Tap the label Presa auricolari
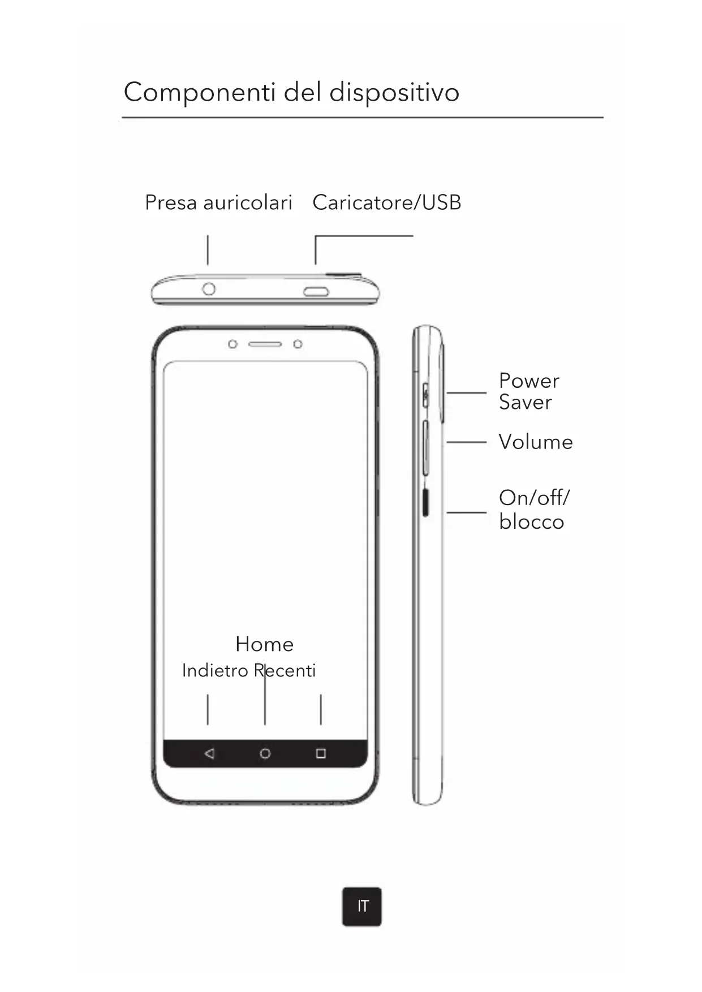(218, 202)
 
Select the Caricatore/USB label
(387, 202)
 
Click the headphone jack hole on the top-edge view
(209, 289)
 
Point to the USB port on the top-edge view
(316, 292)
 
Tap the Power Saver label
(528, 391)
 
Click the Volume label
(535, 442)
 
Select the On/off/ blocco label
(533, 510)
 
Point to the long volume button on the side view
(425, 447)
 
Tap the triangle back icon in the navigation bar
(209, 753)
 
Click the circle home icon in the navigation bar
(265, 753)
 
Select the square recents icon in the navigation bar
(321, 753)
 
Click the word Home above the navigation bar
(264, 644)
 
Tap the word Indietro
(215, 671)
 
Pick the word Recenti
(285, 671)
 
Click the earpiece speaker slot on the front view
(265, 344)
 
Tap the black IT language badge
(362, 907)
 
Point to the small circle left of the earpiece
(232, 344)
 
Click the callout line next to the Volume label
(466, 442)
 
